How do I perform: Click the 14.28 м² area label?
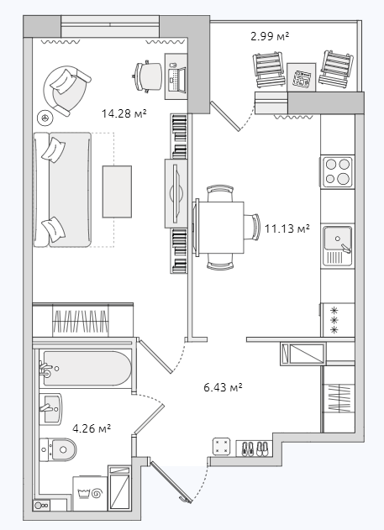pyautogui.click(x=124, y=113)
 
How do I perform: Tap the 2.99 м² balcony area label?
pyautogui.click(x=270, y=36)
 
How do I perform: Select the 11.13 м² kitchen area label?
pyautogui.click(x=287, y=228)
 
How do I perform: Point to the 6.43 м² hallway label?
pyautogui.click(x=224, y=387)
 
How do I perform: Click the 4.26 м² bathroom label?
pyautogui.click(x=92, y=428)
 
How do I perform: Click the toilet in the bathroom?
pyautogui.click(x=58, y=449)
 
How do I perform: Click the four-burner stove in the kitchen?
pyautogui.click(x=337, y=171)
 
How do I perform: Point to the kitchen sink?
pyautogui.click(x=337, y=245)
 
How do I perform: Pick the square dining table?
pyautogui.click(x=220, y=228)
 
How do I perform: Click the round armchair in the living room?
pyautogui.click(x=66, y=90)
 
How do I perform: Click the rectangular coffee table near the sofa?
pyautogui.click(x=118, y=192)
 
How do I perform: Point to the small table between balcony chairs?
pyautogui.click(x=301, y=77)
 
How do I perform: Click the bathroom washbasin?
pyautogui.click(x=50, y=409)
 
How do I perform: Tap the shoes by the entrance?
pyautogui.click(x=255, y=449)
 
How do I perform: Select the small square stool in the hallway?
pyautogui.click(x=222, y=447)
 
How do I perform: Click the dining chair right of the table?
pyautogui.click(x=252, y=227)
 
